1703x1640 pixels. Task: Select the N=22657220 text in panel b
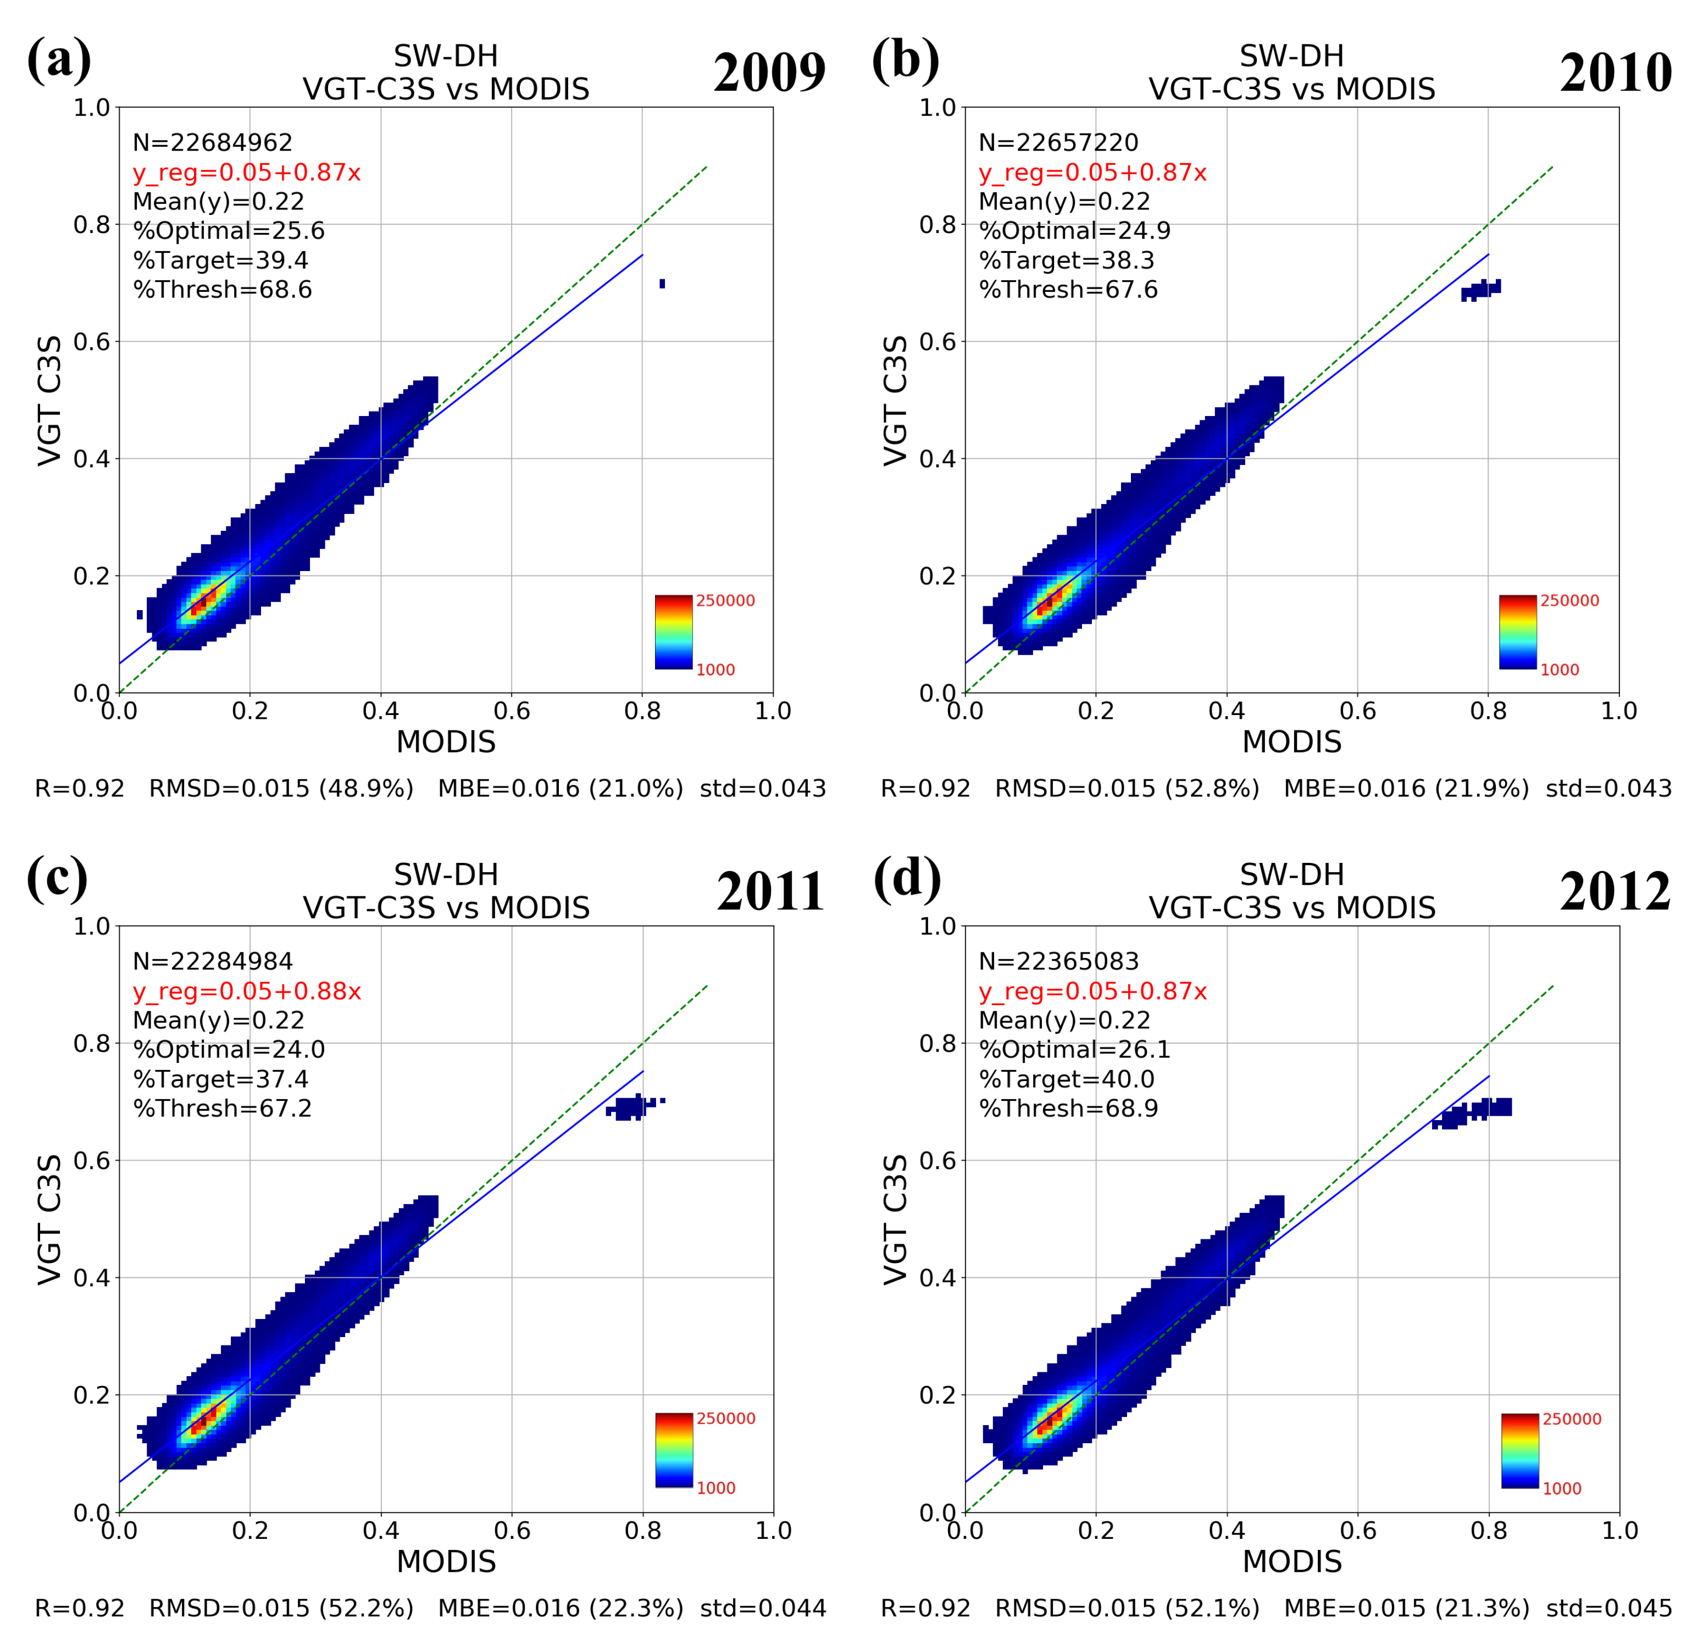(x=1057, y=142)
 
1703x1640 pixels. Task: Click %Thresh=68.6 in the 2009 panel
(x=223, y=290)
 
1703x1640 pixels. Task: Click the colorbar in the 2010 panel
(x=1517, y=632)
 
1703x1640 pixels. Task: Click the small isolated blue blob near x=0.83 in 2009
(x=662, y=284)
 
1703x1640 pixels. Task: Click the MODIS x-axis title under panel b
(x=1291, y=741)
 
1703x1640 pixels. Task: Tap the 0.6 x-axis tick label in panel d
(x=1357, y=1530)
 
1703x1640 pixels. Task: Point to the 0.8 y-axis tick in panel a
(x=91, y=224)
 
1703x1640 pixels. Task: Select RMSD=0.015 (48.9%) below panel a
(x=281, y=788)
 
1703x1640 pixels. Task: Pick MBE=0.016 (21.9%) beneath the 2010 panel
(x=1406, y=788)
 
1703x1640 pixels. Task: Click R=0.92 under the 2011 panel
(x=79, y=1607)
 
